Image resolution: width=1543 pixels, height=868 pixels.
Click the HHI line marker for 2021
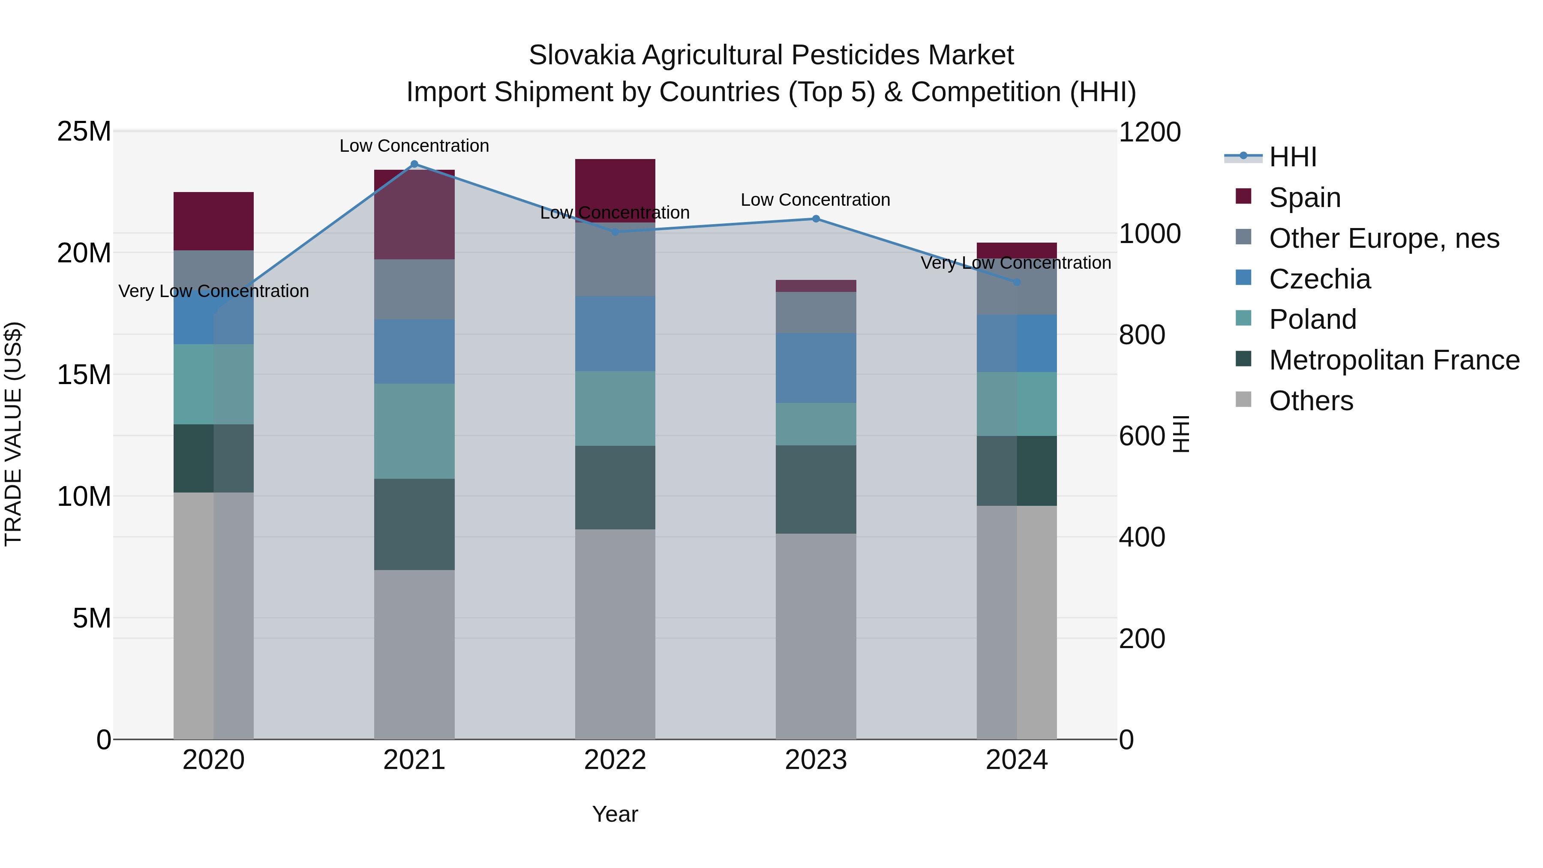point(414,164)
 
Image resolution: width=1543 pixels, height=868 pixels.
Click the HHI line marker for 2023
point(816,219)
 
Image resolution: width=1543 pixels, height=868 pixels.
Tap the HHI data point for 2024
point(1017,282)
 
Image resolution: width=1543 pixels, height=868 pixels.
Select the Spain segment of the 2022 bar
point(615,190)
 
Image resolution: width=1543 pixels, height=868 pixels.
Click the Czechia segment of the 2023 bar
point(816,368)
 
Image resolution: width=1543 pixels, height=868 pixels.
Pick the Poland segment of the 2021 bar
point(414,431)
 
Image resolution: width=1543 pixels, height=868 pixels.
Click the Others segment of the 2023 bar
point(816,636)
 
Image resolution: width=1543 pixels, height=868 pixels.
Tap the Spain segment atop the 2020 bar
point(214,221)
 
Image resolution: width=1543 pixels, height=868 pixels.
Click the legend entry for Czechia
point(1320,279)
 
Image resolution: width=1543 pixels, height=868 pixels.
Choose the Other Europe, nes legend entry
point(1384,238)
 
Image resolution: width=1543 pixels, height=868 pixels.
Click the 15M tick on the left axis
point(84,375)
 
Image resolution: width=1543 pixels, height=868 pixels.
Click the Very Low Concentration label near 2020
point(214,291)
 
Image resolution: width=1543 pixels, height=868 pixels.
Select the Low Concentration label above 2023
point(815,200)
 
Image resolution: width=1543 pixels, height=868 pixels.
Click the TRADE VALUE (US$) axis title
point(13,434)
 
